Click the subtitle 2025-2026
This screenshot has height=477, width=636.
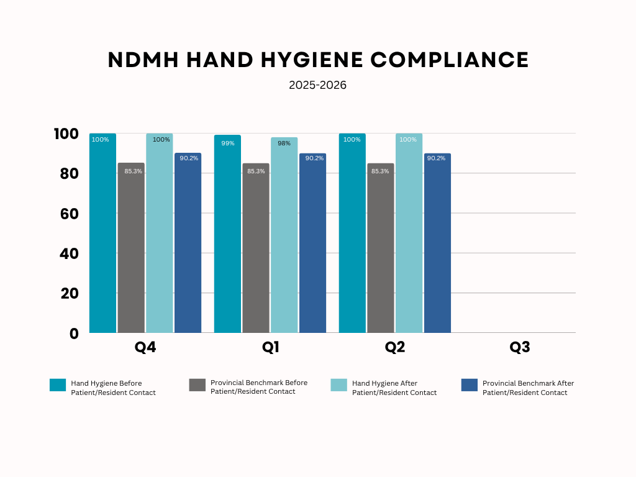317,85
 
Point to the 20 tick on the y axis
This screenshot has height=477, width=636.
70,293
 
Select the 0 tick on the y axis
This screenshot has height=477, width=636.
74,334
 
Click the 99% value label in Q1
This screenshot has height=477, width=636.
227,143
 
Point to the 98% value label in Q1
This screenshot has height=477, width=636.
284,143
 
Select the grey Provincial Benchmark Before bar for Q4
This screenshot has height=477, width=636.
131,248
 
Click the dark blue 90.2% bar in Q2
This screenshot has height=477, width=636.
437,248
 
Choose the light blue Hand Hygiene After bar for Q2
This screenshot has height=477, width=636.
409,236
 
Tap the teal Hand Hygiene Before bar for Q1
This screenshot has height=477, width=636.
227,236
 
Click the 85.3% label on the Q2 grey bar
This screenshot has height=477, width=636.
380,171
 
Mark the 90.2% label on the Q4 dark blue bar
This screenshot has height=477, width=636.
188,158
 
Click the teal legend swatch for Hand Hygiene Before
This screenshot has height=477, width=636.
58,385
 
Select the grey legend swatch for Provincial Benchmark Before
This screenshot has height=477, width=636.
197,385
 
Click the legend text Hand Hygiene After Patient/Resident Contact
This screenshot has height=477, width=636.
394,388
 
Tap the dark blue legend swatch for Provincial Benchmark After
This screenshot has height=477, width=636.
470,385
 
